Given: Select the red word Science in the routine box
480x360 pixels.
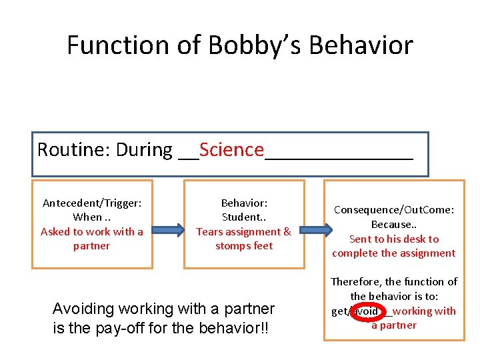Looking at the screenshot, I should click(x=231, y=149).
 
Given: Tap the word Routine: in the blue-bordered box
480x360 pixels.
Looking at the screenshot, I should click(x=73, y=149).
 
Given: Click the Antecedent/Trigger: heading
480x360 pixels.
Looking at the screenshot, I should click(x=92, y=203).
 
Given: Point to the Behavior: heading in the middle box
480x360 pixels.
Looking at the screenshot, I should click(x=244, y=203).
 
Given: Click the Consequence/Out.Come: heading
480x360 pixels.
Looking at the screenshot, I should click(x=394, y=210).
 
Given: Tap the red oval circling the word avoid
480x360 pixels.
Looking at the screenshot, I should click(x=367, y=311).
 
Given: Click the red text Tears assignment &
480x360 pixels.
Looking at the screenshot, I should click(x=244, y=232).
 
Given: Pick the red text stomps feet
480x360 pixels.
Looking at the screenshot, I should click(x=244, y=246).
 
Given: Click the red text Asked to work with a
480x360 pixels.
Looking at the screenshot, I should click(x=92, y=232).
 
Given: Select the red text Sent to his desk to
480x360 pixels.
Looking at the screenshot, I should click(x=394, y=239).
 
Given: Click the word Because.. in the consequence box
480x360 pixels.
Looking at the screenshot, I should click(x=394, y=225).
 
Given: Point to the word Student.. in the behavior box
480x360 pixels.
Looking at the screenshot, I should click(x=244, y=217).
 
